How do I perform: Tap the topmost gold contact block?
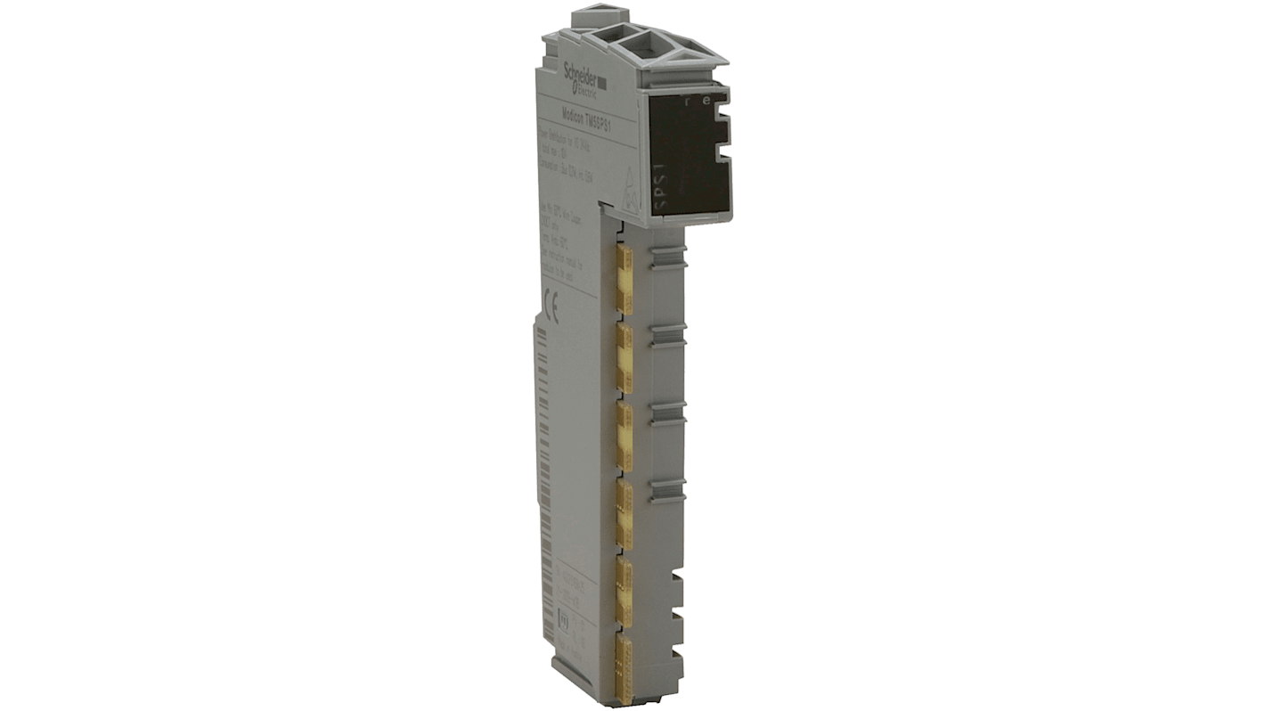(x=624, y=280)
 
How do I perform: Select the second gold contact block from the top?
(x=624, y=358)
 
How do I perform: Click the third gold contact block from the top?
(x=624, y=437)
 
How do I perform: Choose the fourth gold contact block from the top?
(x=624, y=515)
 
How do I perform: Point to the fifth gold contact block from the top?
(x=624, y=591)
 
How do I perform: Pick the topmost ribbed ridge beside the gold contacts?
(x=668, y=258)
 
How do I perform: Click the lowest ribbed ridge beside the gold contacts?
(x=668, y=487)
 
